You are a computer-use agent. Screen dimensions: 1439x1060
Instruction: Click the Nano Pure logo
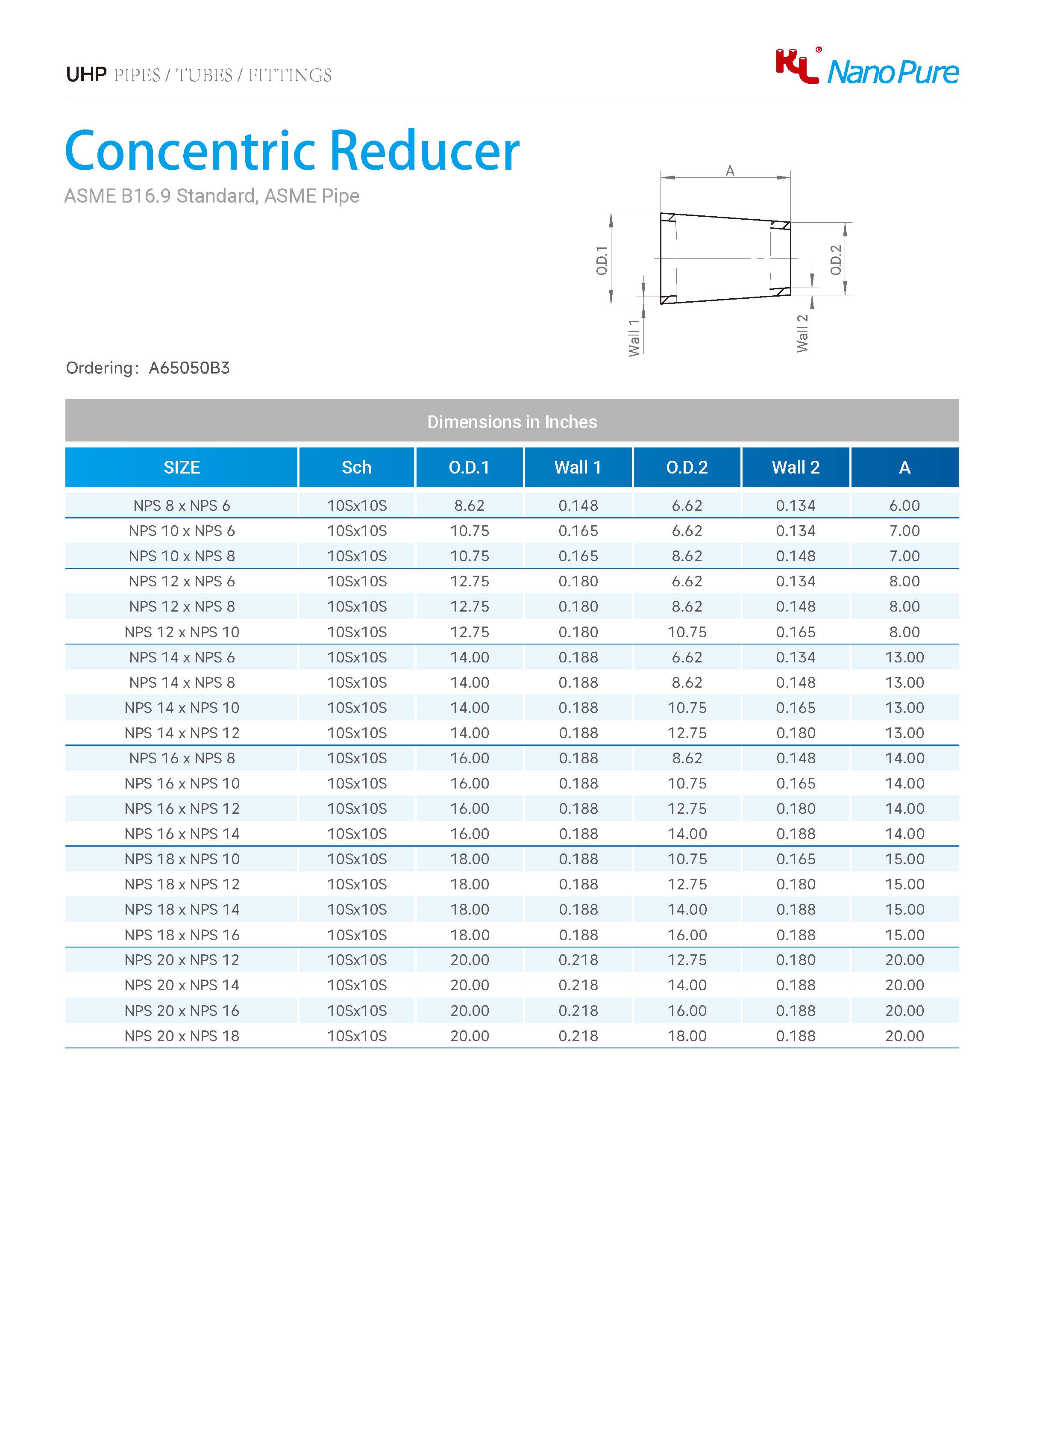tap(867, 68)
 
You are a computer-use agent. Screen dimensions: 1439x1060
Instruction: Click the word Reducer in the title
tap(424, 151)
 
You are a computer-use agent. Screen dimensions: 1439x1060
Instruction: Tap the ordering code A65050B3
tap(189, 368)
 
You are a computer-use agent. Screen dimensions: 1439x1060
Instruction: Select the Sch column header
tap(356, 467)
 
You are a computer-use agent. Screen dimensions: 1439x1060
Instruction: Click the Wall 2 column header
tap(796, 467)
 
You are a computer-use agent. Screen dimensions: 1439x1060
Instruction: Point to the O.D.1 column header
tap(469, 467)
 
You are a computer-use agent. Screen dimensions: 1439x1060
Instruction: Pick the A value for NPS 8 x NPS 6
tap(904, 506)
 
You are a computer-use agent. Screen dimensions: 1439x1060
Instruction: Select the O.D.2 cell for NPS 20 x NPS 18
tap(687, 1036)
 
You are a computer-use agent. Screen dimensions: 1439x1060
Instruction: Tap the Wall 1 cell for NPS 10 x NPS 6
tap(578, 531)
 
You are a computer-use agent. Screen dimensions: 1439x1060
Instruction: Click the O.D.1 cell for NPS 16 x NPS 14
tap(469, 834)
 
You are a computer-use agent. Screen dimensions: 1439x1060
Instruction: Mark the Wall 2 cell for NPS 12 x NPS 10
tap(796, 632)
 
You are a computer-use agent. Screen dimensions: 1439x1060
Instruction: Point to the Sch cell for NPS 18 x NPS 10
tap(357, 859)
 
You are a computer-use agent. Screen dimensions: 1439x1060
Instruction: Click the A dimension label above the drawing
tap(730, 171)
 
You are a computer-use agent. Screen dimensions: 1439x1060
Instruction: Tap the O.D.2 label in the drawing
tap(835, 260)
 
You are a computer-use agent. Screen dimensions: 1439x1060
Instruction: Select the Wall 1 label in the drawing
tap(634, 338)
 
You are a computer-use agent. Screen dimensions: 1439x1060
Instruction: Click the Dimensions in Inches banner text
tap(512, 422)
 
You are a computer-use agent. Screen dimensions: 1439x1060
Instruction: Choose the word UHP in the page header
tap(86, 75)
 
